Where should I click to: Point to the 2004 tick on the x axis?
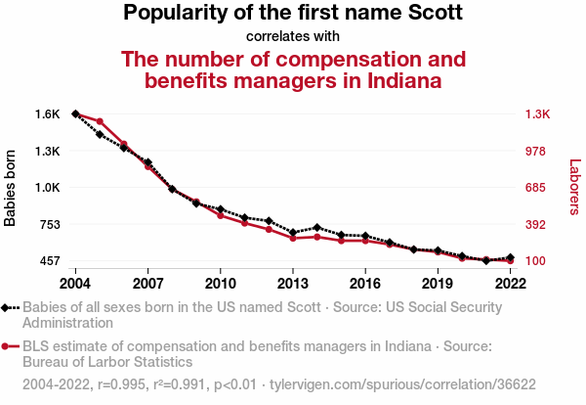coord(75,283)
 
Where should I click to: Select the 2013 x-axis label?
coord(292,283)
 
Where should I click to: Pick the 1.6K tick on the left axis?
coord(47,114)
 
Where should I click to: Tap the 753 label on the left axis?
coord(49,225)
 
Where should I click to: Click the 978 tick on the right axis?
coord(540,151)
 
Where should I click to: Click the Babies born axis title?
coord(11,188)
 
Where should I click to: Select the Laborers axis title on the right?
coord(575,188)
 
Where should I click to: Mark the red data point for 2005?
coord(100,121)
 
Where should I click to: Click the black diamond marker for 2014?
coord(316,227)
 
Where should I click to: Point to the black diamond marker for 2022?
coord(510,257)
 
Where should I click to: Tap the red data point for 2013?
coord(292,238)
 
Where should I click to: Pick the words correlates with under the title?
coord(293,36)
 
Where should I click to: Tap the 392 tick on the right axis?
coord(540,225)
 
